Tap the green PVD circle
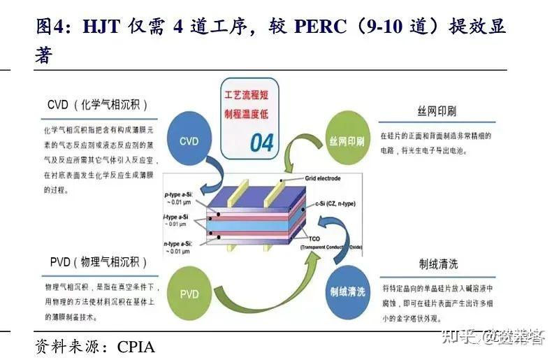click(189, 292)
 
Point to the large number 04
click(262, 143)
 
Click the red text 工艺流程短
click(250, 94)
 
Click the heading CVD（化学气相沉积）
click(98, 105)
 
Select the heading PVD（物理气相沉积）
click(99, 263)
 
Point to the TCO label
click(308, 240)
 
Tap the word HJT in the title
click(102, 27)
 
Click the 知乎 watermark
click(467, 336)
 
